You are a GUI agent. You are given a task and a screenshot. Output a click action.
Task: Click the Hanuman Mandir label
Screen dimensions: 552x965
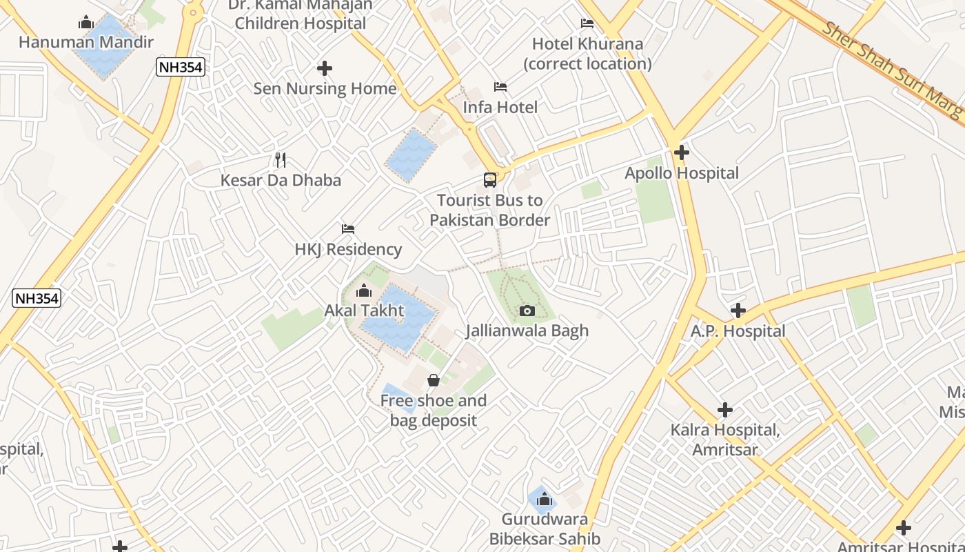(86, 43)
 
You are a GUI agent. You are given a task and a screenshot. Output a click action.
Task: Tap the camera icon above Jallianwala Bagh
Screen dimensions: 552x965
(527, 310)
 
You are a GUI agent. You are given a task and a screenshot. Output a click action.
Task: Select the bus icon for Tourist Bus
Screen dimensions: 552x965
(489, 180)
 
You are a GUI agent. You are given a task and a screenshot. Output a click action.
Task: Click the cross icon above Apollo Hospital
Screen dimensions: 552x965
(682, 152)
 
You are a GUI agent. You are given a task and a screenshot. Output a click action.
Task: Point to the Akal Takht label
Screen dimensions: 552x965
(364, 311)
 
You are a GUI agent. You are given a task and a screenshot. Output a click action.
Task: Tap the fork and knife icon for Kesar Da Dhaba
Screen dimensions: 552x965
(281, 160)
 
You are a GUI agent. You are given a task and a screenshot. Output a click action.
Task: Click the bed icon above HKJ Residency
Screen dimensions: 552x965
(348, 229)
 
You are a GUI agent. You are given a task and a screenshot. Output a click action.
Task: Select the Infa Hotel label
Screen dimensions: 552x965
(500, 108)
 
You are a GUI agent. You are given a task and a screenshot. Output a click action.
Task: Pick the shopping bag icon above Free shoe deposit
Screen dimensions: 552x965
(434, 380)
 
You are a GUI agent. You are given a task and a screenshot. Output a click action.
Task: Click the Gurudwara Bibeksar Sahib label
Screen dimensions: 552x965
(545, 529)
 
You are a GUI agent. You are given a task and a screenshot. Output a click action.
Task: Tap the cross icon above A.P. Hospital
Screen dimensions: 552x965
(738, 310)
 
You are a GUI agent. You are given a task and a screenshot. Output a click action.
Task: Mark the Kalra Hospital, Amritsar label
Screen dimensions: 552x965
(724, 440)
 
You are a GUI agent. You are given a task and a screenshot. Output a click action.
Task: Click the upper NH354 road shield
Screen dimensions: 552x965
(180, 67)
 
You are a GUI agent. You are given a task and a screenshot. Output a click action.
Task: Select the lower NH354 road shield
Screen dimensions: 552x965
(37, 298)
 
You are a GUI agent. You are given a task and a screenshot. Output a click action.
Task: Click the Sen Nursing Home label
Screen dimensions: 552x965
(325, 88)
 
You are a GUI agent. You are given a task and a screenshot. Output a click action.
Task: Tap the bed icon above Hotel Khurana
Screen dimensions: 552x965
(587, 23)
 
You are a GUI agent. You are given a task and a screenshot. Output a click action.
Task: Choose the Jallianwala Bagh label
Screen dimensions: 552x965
(527, 331)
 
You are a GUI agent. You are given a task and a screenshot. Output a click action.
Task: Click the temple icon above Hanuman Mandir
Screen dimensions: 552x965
(86, 23)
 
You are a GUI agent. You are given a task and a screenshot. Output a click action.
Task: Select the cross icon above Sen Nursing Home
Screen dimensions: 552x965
(325, 68)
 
